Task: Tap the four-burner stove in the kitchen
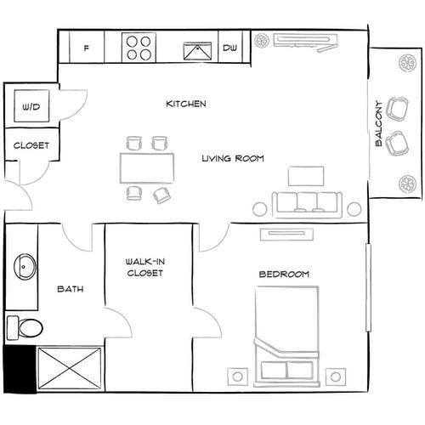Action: pyautogui.click(x=136, y=48)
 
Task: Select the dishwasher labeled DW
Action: pyautogui.click(x=229, y=48)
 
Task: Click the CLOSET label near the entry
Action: pyautogui.click(x=31, y=145)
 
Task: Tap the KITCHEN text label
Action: pyautogui.click(x=185, y=104)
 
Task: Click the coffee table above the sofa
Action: pyautogui.click(x=306, y=175)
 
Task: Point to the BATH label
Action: pyautogui.click(x=70, y=289)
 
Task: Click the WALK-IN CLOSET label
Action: pyautogui.click(x=144, y=268)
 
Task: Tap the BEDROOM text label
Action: pyautogui.click(x=283, y=275)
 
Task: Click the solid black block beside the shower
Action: pyautogui.click(x=19, y=369)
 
